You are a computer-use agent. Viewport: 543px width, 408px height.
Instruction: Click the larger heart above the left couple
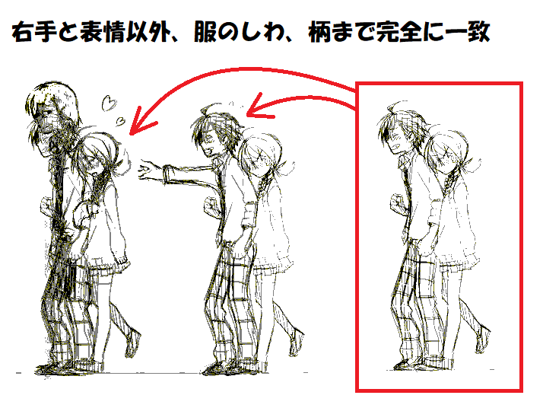tap(110, 103)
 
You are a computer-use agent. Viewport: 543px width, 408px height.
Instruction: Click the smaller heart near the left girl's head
tap(121, 120)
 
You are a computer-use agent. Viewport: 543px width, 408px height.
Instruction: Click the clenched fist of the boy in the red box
tap(398, 202)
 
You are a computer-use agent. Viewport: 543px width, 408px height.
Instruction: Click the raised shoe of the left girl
tap(132, 343)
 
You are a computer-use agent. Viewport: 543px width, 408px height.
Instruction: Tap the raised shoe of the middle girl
tap(297, 343)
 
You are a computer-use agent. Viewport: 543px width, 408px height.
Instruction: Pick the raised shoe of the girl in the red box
tap(483, 339)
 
